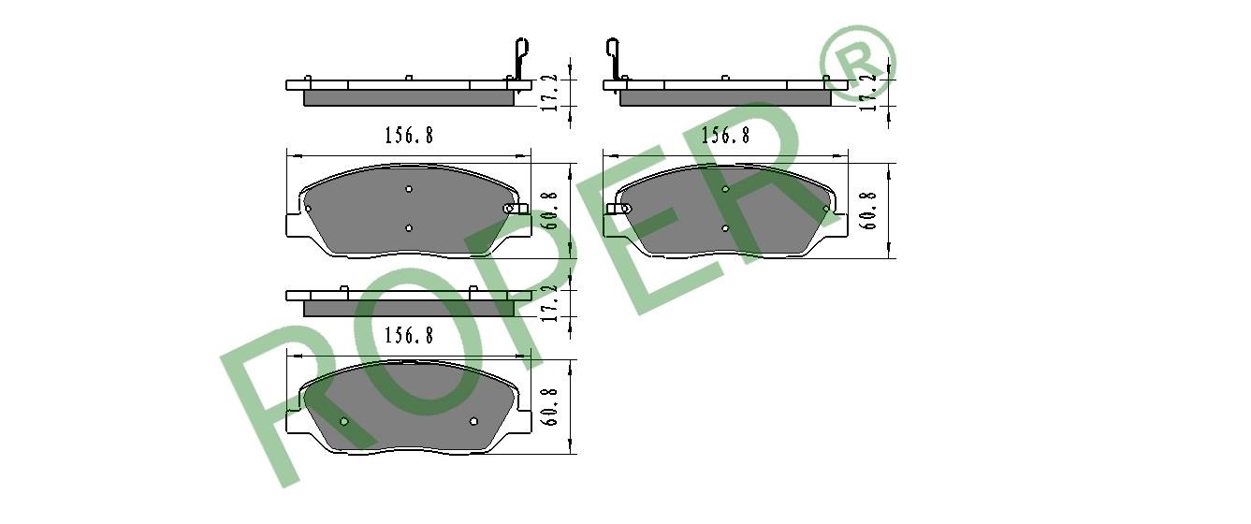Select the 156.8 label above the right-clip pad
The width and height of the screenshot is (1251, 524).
[409, 135]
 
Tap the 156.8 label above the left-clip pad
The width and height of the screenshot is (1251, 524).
[725, 135]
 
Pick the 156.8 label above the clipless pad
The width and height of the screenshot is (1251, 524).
[409, 335]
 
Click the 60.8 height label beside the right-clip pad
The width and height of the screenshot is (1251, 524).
[550, 211]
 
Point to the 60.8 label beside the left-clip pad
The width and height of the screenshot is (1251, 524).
[868, 211]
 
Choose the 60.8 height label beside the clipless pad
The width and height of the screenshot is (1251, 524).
[550, 406]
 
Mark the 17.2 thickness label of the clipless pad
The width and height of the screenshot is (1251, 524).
[550, 302]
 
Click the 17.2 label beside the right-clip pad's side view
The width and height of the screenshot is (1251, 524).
[550, 93]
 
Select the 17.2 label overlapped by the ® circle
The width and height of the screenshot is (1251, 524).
[867, 93]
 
